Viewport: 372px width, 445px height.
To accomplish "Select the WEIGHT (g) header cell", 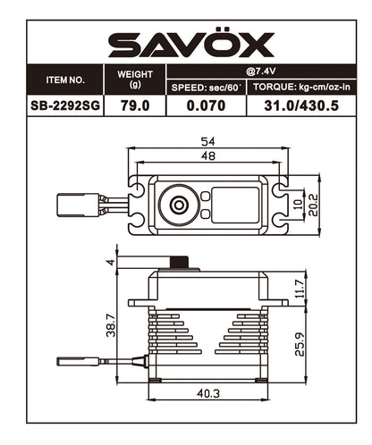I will (135, 80).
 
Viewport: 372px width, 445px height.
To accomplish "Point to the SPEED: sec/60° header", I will (205, 87).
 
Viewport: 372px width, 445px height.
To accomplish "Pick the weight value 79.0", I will (135, 105).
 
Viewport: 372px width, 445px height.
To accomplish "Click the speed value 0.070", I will (205, 105).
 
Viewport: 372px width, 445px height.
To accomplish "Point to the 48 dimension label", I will (208, 157).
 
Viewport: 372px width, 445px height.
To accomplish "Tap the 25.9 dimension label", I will (302, 342).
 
